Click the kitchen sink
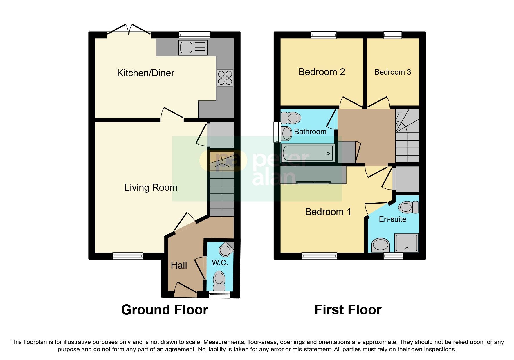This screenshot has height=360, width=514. (193, 48)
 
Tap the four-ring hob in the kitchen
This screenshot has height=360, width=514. (225, 78)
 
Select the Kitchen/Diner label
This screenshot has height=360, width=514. (145, 73)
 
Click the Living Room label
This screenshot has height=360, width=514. (151, 188)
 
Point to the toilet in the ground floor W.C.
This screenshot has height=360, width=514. (219, 280)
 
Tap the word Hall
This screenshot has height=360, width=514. (179, 265)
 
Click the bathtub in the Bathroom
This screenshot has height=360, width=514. (308, 153)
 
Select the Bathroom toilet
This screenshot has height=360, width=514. (291, 118)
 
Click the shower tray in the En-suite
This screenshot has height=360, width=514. (407, 242)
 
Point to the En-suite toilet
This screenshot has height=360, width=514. (408, 207)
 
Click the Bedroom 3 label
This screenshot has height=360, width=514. (392, 72)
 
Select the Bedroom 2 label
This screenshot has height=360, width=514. (322, 72)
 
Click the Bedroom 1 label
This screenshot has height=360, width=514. (328, 212)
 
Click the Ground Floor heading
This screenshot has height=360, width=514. (165, 310)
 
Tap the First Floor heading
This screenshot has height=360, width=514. (348, 310)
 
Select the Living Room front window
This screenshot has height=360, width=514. (128, 256)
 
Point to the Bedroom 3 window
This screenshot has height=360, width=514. (392, 35)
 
